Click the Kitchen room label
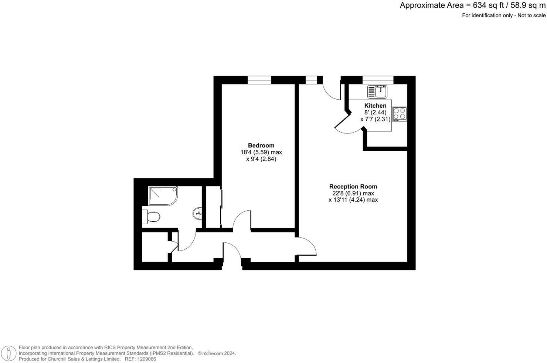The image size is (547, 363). tap(375, 106)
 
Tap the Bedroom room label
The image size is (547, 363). tap(261, 145)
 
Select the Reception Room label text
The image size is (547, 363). tap(353, 187)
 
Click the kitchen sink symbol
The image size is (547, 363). tap(377, 91)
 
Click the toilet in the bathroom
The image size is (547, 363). tap(151, 217)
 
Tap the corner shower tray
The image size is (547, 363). tap(163, 196)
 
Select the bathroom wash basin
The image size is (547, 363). tap(198, 213)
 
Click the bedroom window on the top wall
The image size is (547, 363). tap(259, 80)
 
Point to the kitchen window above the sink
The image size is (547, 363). tap(378, 80)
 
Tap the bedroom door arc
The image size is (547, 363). tap(241, 221)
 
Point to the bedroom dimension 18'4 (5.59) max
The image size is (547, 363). tap(261, 152)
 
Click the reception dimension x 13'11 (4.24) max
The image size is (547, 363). tap(353, 200)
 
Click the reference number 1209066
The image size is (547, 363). tap(146, 359)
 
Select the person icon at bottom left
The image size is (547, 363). tap(9, 353)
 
